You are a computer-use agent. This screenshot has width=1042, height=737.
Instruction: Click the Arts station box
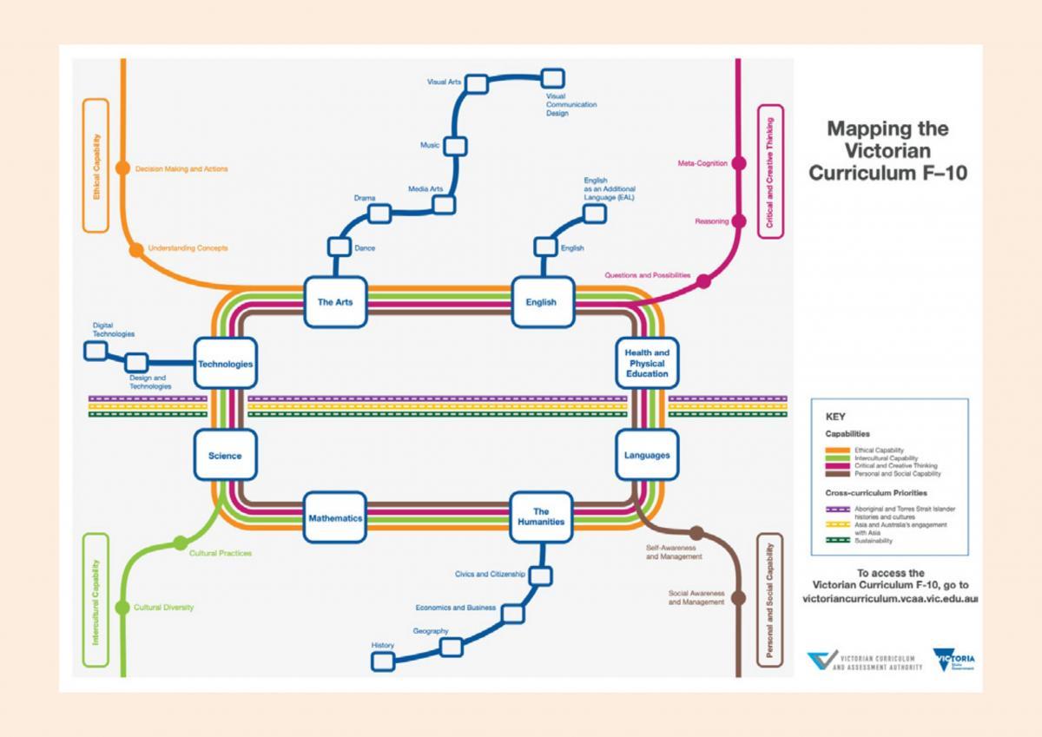[x=335, y=302]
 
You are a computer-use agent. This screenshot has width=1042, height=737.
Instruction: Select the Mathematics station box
[x=335, y=517]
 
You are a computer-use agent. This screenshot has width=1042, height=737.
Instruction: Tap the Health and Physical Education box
[x=647, y=363]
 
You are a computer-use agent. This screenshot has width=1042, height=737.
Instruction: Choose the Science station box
[x=225, y=455]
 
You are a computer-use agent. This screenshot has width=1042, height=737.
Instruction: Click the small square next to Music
[x=456, y=145]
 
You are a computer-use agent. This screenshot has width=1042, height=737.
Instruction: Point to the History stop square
[x=383, y=661]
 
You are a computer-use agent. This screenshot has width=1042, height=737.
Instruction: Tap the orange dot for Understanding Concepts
[x=136, y=250]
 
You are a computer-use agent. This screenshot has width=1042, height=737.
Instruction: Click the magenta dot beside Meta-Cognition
[x=739, y=162]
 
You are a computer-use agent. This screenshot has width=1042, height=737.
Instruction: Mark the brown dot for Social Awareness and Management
[x=739, y=598]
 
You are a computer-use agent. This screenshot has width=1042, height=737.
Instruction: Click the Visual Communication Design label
[x=570, y=104]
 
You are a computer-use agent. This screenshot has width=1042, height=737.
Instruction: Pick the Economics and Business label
[x=455, y=608]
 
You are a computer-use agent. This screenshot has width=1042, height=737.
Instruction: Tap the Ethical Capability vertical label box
[x=96, y=165]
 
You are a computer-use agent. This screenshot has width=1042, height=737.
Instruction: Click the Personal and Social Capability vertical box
[x=769, y=600]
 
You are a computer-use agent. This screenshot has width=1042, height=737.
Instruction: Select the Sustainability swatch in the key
[x=836, y=540]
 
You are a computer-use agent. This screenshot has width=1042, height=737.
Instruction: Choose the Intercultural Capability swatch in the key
[x=836, y=458]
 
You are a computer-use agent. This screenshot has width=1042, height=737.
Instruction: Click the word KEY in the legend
[x=835, y=417]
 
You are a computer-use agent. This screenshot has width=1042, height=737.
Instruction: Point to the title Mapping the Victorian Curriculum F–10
[x=887, y=151]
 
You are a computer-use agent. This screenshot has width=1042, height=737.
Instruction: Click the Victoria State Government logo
[x=953, y=661]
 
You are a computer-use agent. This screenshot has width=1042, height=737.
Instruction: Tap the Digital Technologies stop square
[x=96, y=351]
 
